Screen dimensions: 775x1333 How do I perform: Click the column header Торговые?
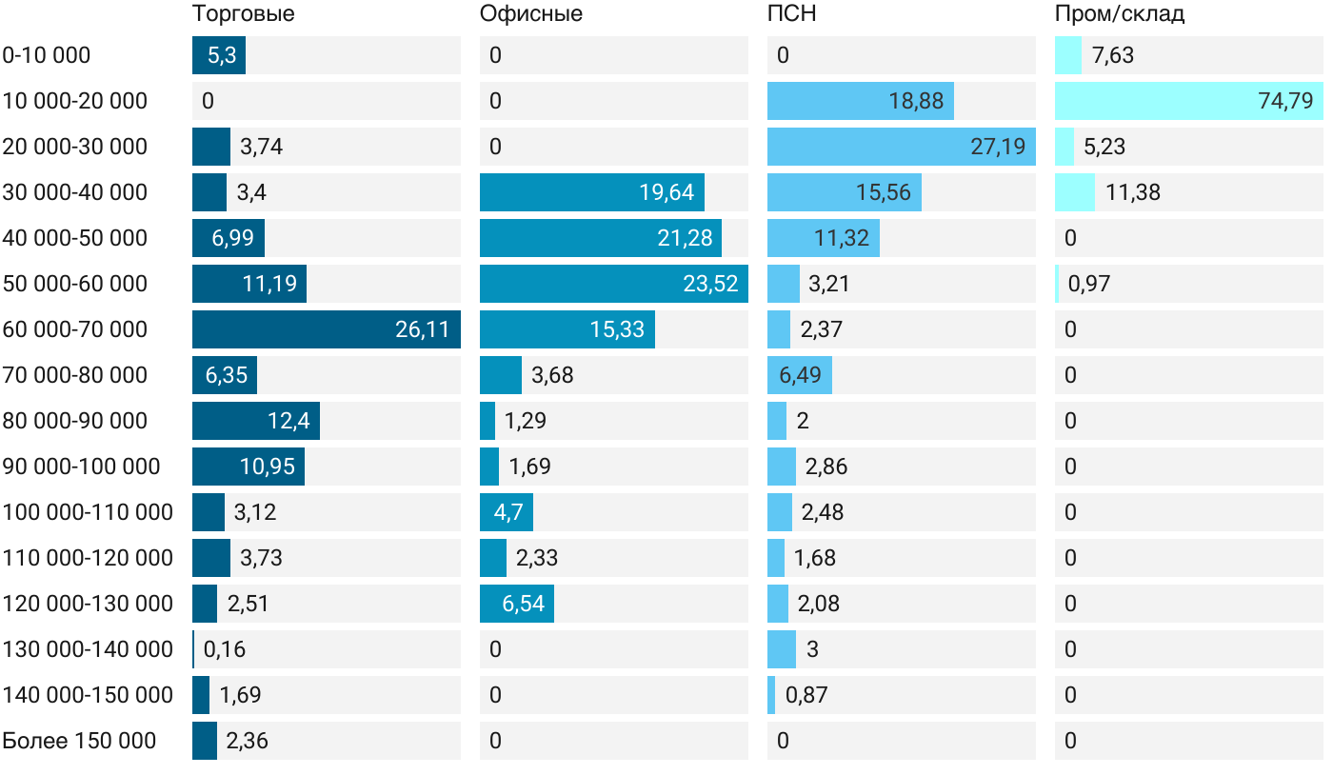point(243,14)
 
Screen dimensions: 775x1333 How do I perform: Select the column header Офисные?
point(530,14)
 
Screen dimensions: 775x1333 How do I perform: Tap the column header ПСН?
point(791,14)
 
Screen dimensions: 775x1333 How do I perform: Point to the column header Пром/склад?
point(1119,14)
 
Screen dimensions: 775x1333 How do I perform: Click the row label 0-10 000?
point(47,55)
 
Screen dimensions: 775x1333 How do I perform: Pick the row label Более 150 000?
point(79,741)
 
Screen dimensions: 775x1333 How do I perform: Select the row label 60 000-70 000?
point(75,329)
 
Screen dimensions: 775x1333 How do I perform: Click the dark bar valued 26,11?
point(326,329)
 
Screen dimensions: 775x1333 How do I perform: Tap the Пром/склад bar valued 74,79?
point(1188,101)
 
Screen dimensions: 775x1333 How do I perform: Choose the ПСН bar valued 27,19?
point(901,147)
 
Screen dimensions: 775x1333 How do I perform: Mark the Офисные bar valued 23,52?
point(613,284)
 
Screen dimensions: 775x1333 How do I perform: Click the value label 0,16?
point(225,649)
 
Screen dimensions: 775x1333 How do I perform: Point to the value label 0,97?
point(1088,284)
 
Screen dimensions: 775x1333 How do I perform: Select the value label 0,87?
point(806,695)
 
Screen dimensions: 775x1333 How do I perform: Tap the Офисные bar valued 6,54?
point(516,604)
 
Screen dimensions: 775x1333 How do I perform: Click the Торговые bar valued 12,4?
point(255,421)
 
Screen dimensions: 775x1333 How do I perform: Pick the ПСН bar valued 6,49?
point(799,375)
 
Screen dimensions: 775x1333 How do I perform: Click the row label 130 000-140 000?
point(88,649)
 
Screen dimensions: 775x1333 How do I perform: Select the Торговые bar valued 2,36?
point(204,741)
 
